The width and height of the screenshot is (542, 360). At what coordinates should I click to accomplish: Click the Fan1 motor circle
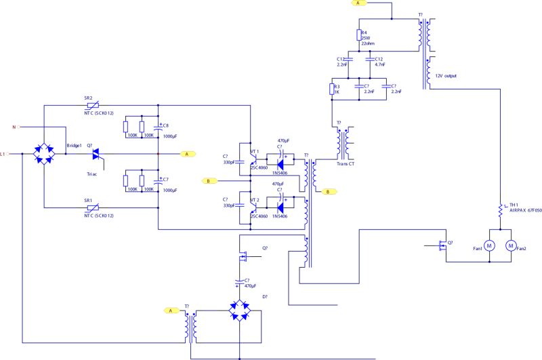[489, 245]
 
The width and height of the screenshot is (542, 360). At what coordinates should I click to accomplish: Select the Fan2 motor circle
[512, 245]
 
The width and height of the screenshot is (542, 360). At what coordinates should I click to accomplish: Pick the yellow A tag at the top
[359, 3]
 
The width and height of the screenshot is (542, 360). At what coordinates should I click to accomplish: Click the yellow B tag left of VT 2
[209, 181]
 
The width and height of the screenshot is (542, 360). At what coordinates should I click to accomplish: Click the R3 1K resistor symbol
[332, 89]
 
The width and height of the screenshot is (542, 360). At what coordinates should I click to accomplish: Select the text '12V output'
[446, 75]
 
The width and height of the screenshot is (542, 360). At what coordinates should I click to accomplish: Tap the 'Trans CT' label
[346, 163]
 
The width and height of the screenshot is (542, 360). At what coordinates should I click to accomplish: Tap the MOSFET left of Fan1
[444, 245]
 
